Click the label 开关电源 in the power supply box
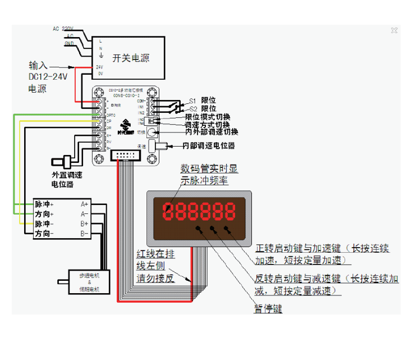click(131, 58)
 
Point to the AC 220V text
click(63, 28)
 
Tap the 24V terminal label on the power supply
click(100, 67)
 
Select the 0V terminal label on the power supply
click(100, 73)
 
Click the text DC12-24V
click(48, 77)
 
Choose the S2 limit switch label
click(192, 108)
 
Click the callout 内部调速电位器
click(209, 145)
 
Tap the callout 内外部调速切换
click(212, 132)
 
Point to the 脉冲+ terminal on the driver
click(44, 204)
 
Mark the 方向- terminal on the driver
click(44, 233)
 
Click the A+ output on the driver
click(85, 204)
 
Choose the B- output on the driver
click(85, 233)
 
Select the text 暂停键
click(268, 309)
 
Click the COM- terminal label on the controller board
click(141, 100)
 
